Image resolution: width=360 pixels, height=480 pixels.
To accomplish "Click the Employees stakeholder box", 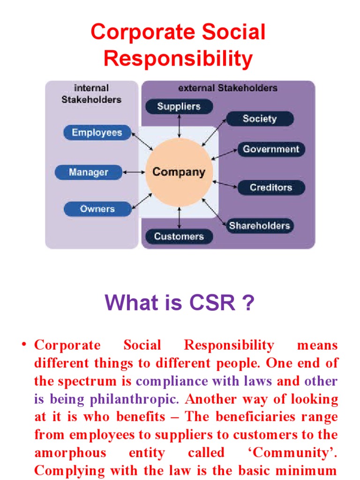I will coord(97,133).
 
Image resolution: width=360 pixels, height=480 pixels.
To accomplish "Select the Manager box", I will coord(89,172).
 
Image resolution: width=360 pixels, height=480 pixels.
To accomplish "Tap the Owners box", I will coord(97,209).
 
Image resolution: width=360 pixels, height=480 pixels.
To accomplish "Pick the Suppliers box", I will coord(179,106).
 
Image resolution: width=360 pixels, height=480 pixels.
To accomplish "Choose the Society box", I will coord(260,119).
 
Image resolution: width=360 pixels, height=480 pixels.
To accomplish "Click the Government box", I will coord(270,150).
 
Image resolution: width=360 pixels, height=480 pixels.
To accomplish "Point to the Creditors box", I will coord(270,187).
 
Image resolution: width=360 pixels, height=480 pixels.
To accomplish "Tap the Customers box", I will coord(179,237).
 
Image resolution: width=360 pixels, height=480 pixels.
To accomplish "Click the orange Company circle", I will coord(179,172).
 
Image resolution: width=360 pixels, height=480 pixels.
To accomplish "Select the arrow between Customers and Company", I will coord(179,218).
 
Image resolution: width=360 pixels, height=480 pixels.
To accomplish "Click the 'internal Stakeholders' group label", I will coord(91,93).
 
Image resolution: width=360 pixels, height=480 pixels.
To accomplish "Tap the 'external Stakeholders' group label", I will coord(228,88).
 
